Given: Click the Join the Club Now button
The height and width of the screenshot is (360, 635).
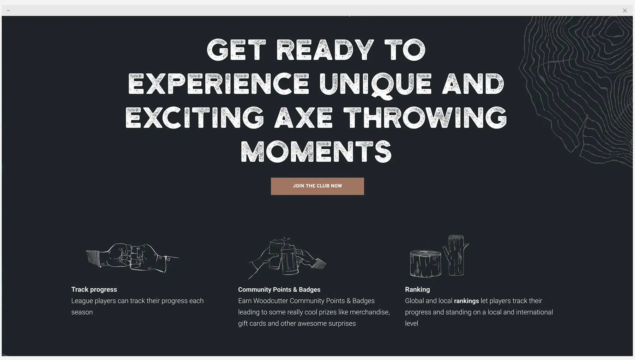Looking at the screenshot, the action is click(317, 186).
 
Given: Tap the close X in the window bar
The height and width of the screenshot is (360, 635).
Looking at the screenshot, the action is click(625, 11).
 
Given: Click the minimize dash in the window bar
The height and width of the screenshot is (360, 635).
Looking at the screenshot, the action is click(8, 11).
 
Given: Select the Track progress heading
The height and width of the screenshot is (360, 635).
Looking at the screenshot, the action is click(94, 289).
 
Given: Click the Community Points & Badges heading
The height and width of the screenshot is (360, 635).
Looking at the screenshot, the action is click(279, 289).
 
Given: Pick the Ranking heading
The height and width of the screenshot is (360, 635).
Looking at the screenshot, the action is click(417, 289).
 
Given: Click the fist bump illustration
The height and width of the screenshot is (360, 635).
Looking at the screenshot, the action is click(132, 258).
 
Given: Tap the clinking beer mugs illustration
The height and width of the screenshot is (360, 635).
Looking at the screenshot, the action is click(287, 257).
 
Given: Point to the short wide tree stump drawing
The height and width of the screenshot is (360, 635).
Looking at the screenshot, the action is click(425, 263).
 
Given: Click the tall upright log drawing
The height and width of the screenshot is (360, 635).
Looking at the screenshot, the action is click(456, 255).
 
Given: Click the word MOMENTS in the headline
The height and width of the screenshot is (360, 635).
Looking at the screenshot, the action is click(316, 152).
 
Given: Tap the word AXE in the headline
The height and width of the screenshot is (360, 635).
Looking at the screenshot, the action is click(303, 118).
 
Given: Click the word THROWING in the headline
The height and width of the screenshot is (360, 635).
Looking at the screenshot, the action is click(425, 118).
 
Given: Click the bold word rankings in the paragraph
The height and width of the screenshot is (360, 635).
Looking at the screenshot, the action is click(466, 301).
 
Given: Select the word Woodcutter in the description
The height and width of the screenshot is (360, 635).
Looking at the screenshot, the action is click(271, 301).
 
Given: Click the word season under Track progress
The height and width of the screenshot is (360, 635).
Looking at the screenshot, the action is click(82, 312).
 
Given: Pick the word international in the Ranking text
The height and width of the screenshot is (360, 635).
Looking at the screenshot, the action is click(534, 312).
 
